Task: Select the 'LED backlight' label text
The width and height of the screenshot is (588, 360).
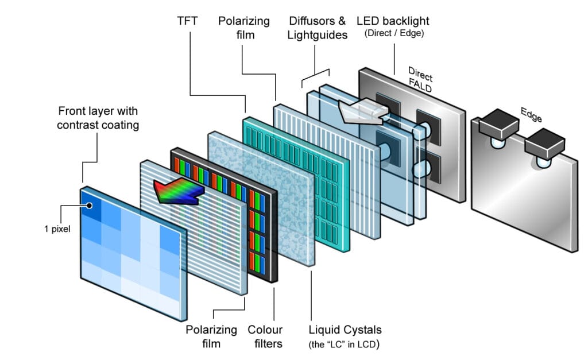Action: pos(393,21)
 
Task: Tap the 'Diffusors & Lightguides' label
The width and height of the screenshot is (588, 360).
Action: pos(318,28)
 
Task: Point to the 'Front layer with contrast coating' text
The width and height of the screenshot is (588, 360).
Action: pos(98,117)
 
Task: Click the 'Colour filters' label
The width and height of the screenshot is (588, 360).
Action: pos(265,336)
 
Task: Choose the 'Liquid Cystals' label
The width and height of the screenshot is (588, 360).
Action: pos(345,330)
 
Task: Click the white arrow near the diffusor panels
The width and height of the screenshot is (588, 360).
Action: pos(362,113)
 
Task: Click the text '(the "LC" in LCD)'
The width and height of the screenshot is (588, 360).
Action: pos(345,344)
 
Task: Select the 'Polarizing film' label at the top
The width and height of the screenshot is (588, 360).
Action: pos(244,28)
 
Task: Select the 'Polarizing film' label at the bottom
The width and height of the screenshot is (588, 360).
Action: pos(211,336)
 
